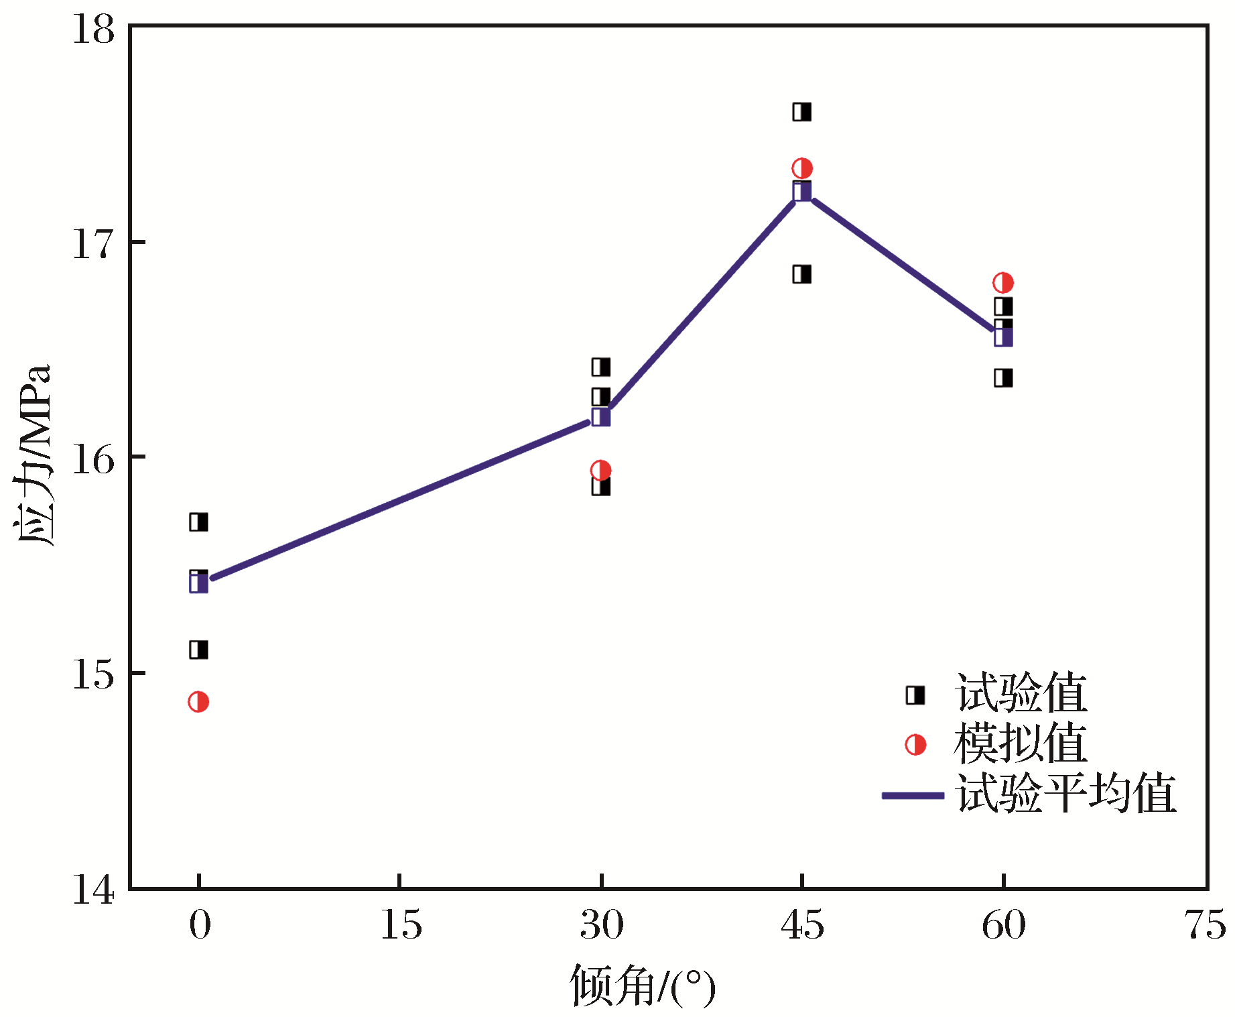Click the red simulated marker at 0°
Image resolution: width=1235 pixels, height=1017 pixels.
click(198, 702)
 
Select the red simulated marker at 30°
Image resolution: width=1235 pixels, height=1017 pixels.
click(601, 470)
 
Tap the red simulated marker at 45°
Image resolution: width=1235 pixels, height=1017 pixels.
click(802, 168)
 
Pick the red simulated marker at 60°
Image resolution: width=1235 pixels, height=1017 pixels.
click(1003, 283)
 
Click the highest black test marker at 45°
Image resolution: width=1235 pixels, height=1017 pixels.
click(802, 112)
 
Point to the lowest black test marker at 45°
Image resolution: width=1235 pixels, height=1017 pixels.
click(802, 274)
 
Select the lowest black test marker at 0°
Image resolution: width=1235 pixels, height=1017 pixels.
click(198, 650)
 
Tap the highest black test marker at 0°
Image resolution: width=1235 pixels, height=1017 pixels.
click(198, 522)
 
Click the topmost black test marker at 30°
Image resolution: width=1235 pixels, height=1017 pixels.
click(601, 367)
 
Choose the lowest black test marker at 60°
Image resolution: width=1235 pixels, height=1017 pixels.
click(1003, 378)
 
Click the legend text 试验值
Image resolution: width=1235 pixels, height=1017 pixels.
click(1021, 693)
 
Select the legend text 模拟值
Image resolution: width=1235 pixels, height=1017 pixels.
click(1021, 743)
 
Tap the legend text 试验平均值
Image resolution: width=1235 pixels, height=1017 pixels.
click(1065, 794)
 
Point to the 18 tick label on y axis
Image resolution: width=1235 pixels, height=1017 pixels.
click(93, 30)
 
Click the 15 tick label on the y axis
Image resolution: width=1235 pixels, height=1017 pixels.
click(93, 674)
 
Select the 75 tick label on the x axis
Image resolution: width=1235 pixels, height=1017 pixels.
click(1205, 926)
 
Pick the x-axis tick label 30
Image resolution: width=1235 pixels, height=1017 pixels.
click(602, 926)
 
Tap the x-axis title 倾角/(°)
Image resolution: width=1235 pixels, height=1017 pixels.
click(642, 986)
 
